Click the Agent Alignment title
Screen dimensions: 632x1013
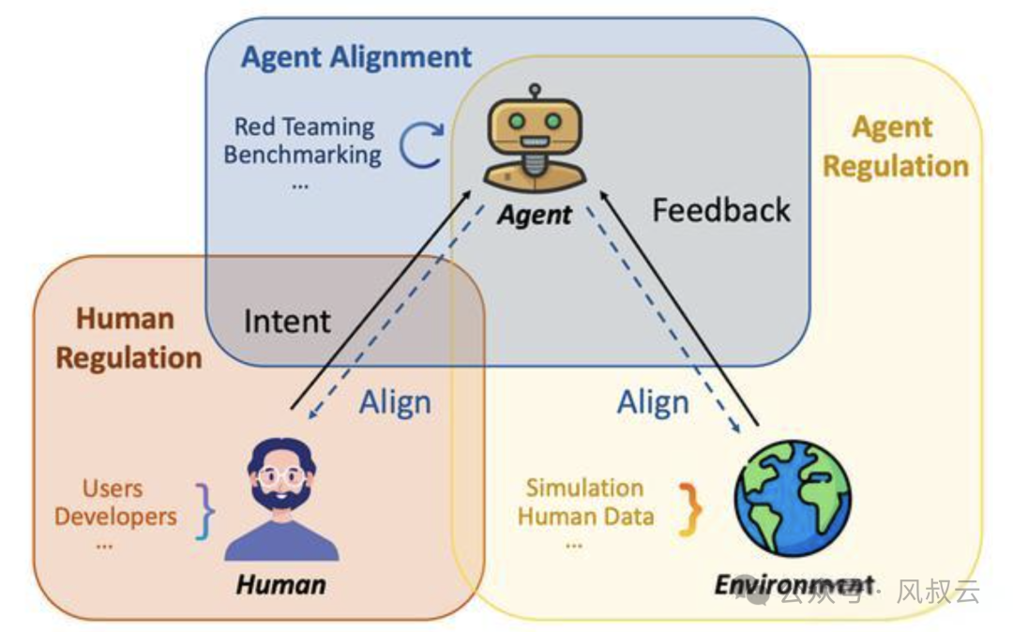click(356, 57)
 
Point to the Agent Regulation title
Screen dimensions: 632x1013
click(895, 147)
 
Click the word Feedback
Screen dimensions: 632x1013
click(721, 210)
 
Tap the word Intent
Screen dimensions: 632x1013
click(287, 322)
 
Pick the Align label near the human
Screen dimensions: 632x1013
click(395, 402)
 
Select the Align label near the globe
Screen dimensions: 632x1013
click(653, 402)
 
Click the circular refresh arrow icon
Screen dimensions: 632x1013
click(421, 145)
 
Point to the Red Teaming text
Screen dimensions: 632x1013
click(304, 126)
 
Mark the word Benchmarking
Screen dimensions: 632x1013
click(302, 154)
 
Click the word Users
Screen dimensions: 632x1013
click(113, 488)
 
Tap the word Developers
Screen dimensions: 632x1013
click(115, 516)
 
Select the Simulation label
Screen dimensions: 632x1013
click(584, 488)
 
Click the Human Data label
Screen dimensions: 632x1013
click(585, 516)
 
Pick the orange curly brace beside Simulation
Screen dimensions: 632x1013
click(691, 508)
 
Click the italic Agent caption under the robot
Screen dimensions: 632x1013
click(535, 215)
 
